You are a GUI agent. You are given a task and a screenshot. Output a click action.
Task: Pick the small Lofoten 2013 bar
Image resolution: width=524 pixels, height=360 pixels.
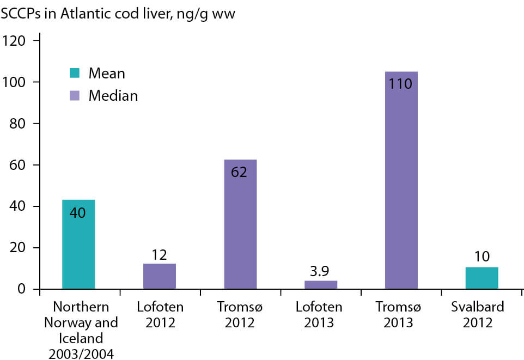pos(321,284)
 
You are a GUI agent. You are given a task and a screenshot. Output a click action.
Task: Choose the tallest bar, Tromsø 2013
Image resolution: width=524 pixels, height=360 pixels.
pos(401,180)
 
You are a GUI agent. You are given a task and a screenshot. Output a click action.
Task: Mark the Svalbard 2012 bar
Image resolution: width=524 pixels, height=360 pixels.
pos(482,278)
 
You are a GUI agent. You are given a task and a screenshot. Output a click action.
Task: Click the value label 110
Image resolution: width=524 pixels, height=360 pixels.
pos(401,84)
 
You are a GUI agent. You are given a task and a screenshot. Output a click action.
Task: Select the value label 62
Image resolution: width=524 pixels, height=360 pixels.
pos(240,172)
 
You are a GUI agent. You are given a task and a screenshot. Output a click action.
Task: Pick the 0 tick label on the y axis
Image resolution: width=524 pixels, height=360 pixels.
pos(22,289)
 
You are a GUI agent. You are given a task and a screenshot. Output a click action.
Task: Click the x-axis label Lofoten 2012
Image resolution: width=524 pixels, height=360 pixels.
pos(160,314)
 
